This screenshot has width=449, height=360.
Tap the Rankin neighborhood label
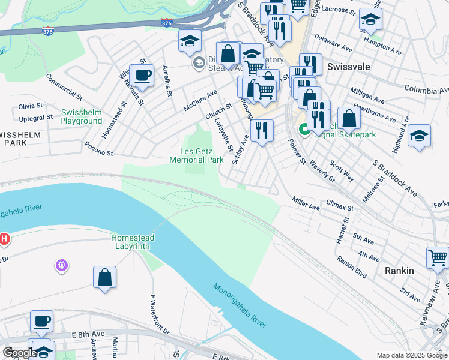(x=399, y=271)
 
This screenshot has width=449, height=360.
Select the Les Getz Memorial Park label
(x=196, y=155)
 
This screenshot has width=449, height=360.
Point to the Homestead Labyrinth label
(x=133, y=242)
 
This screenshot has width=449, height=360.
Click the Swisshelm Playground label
(x=81, y=116)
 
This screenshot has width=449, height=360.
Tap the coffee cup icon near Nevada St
(x=142, y=76)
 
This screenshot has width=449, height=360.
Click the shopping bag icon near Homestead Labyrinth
(x=104, y=277)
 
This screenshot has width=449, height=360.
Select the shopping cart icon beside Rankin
(x=438, y=257)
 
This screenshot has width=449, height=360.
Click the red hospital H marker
(x=5, y=239)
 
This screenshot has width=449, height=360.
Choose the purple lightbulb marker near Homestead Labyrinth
(x=61, y=264)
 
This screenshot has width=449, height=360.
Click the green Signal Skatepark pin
(x=304, y=129)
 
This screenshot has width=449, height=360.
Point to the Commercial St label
(x=64, y=87)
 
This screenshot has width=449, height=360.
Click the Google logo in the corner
(x=19, y=353)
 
